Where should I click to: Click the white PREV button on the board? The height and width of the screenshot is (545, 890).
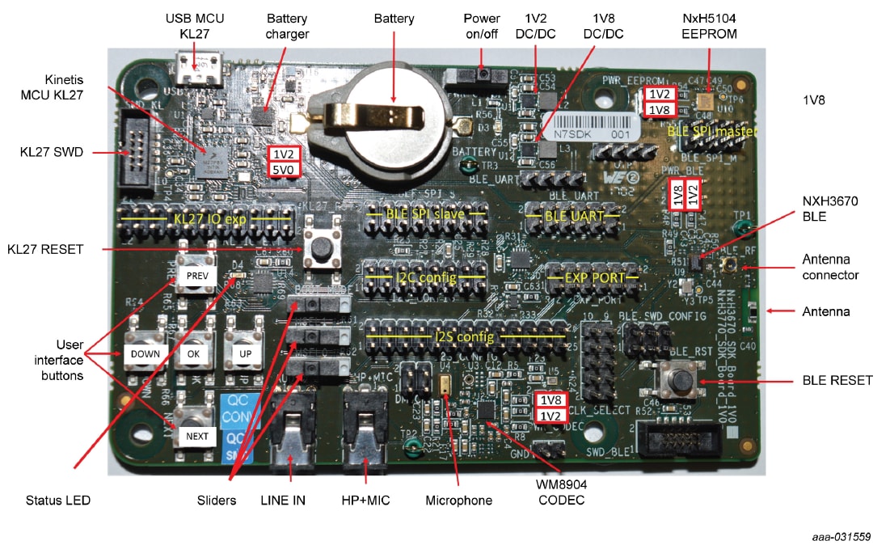196,276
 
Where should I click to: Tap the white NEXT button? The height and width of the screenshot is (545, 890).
196,437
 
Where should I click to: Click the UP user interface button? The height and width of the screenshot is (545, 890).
246,353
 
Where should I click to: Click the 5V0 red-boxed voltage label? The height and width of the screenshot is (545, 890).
285,168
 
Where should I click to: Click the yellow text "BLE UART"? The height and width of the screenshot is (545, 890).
574,216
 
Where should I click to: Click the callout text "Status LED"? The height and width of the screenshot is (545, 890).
58,501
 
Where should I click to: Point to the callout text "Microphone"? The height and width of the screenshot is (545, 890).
458,501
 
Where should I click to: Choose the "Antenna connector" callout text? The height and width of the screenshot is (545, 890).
829,267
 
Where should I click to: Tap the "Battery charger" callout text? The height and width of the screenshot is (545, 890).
288,26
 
